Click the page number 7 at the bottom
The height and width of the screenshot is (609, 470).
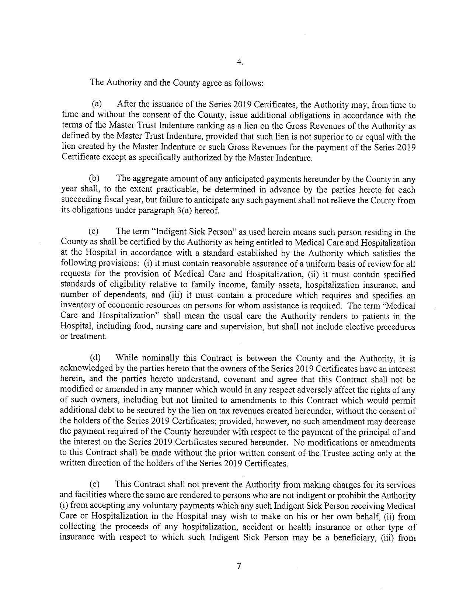[x=239, y=566]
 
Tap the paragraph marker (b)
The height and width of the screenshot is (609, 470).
[x=95, y=179]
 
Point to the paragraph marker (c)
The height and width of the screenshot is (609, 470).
[x=94, y=232]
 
